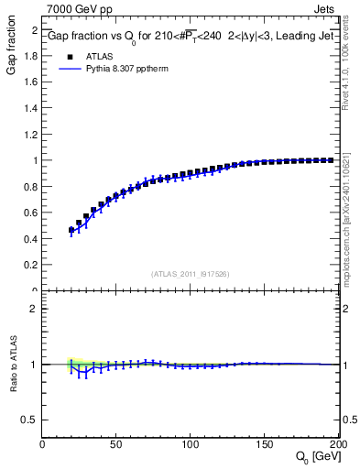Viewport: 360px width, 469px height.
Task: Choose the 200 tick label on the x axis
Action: tap(337, 445)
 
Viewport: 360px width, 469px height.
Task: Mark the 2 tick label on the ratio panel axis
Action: tap(34, 309)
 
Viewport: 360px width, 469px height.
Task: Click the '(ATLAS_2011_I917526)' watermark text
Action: tap(191, 274)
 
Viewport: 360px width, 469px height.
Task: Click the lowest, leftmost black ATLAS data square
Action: tap(71, 230)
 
